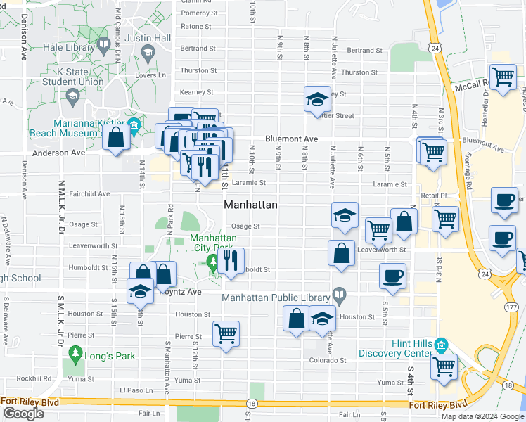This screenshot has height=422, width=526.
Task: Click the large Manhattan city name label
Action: click(x=250, y=205)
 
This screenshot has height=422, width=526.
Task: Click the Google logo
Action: click(x=23, y=413)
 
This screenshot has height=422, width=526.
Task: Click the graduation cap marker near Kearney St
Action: click(x=317, y=99)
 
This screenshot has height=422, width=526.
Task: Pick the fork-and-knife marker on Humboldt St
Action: click(x=231, y=262)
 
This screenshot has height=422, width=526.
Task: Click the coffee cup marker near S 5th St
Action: click(x=393, y=276)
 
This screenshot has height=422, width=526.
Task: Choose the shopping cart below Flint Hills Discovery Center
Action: click(x=444, y=367)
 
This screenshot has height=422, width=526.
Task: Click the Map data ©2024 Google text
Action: click(x=482, y=416)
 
